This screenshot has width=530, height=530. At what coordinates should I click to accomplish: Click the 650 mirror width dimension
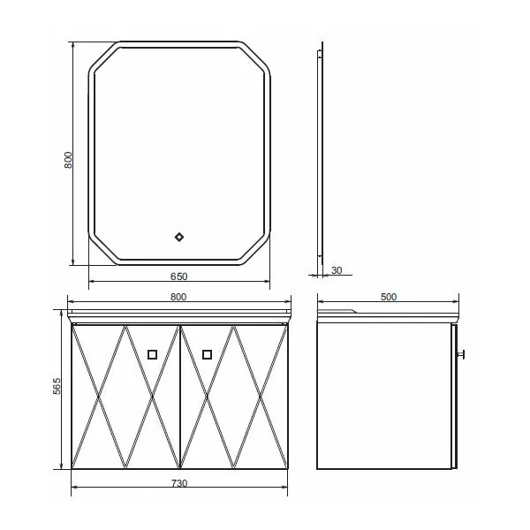click(x=178, y=276)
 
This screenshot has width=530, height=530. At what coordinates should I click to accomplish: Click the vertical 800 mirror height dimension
click(x=68, y=160)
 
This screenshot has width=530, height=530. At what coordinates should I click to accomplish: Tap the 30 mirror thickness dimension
click(x=337, y=270)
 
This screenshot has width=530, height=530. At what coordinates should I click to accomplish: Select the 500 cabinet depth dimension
click(x=389, y=297)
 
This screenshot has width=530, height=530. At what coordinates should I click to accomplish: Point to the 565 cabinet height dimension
click(x=57, y=386)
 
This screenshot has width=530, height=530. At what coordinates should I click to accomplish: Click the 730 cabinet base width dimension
click(x=179, y=483)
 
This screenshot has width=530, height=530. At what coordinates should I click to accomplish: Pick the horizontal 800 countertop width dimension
click(x=178, y=297)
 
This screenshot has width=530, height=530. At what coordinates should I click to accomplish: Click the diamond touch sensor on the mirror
click(x=179, y=237)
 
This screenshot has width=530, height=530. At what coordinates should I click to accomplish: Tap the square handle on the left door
click(x=153, y=354)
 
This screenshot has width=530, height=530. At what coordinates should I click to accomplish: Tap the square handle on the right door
click(x=208, y=354)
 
